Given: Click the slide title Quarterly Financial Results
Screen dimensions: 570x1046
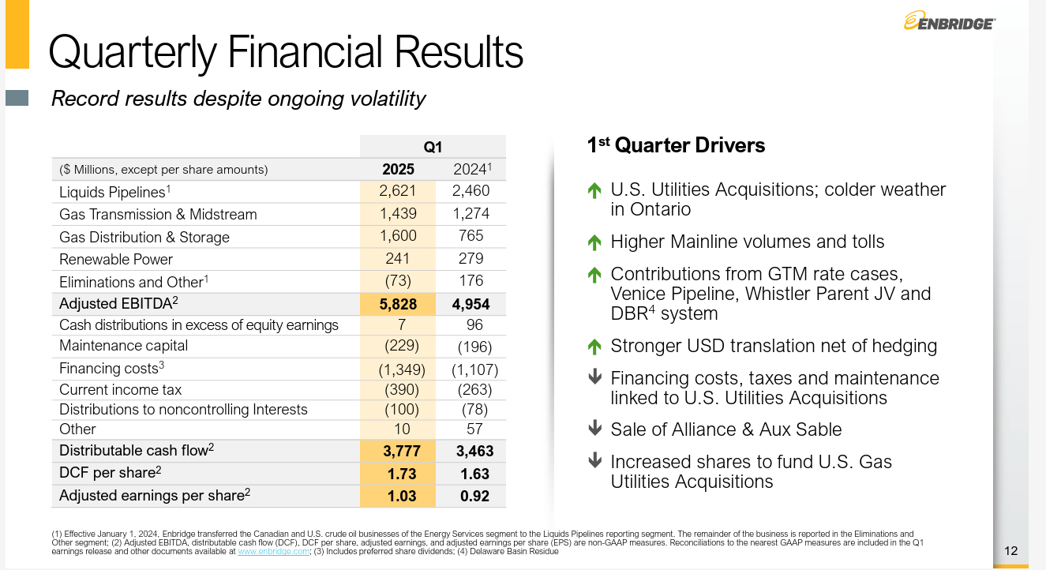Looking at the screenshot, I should tap(286, 52).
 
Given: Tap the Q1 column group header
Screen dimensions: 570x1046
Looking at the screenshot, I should tap(433, 147).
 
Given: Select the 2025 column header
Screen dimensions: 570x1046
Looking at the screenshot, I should tap(398, 169).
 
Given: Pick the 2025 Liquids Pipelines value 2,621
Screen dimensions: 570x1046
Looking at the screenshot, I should tap(398, 191).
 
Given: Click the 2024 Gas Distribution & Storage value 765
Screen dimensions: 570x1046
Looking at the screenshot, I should tap(471, 236).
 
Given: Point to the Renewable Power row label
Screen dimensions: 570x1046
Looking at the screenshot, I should tap(116, 259).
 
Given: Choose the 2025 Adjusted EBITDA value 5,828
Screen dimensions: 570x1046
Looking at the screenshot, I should tap(398, 304).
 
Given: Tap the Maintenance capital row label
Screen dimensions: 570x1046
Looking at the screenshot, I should tap(124, 346).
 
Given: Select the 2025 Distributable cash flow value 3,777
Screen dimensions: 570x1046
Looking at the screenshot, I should tap(398, 451).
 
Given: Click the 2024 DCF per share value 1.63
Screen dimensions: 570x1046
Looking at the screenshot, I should tap(474, 474).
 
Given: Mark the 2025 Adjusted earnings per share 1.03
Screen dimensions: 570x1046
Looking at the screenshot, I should tap(398, 496).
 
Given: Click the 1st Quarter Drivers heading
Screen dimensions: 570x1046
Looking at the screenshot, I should tap(676, 145).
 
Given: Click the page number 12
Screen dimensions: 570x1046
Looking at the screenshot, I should tap(1011, 550).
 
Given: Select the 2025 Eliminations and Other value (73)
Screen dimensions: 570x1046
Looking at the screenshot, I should tap(399, 281).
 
